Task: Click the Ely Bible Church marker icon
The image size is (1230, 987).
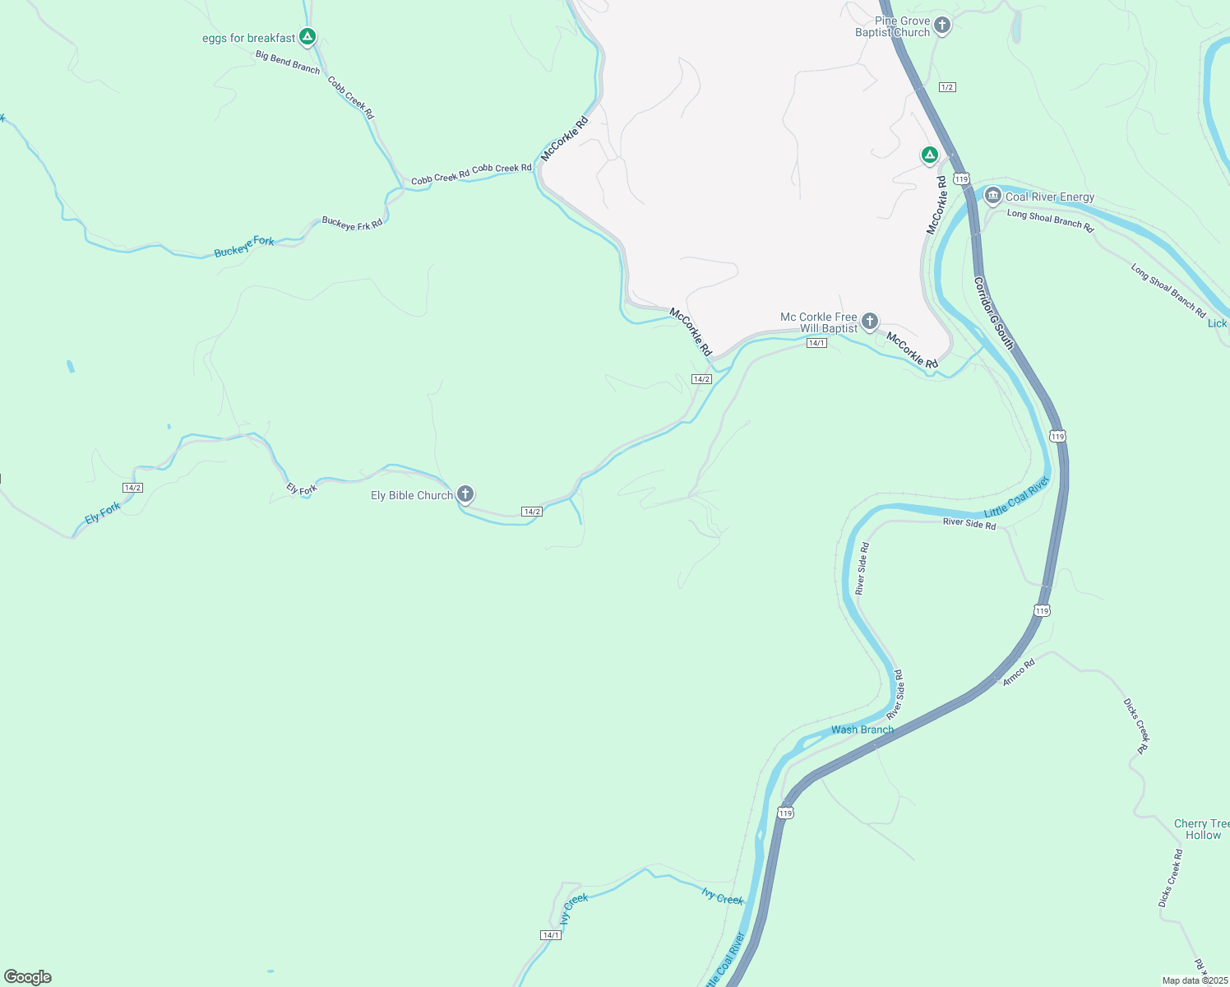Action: click(465, 493)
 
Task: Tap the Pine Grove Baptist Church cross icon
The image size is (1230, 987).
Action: click(942, 25)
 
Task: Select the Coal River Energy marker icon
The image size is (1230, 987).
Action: click(993, 196)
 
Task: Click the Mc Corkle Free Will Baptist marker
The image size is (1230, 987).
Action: click(870, 322)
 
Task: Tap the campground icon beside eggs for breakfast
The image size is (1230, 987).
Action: click(307, 36)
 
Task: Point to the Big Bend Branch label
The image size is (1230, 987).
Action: click(288, 63)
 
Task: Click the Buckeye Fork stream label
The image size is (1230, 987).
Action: click(244, 247)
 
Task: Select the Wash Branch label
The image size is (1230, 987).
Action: click(862, 730)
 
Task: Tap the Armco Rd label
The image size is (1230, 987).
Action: click(1019, 672)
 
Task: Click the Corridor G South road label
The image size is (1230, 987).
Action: click(993, 313)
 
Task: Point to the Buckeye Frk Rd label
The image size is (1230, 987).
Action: click(352, 224)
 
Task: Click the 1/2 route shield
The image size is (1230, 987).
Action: click(947, 87)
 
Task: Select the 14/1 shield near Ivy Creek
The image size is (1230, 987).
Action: click(551, 935)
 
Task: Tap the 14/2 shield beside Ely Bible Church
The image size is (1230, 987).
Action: click(531, 512)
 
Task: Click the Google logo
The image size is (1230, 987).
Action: click(28, 977)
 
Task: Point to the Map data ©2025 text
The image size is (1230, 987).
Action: click(1195, 980)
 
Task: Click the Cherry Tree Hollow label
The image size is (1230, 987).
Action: click(1202, 829)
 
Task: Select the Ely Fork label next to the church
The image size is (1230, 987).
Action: click(302, 489)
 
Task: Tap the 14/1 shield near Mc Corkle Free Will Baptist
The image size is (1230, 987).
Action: click(816, 343)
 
